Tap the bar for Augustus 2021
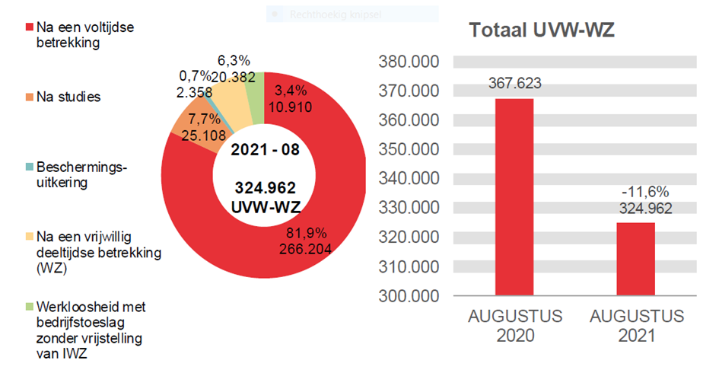pyautogui.click(x=635, y=259)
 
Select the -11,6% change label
pyautogui.click(x=635, y=193)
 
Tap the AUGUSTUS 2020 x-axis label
pyautogui.click(x=515, y=325)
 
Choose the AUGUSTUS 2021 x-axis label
pyautogui.click(x=635, y=325)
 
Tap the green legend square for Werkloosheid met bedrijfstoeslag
pyautogui.click(x=30, y=307)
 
